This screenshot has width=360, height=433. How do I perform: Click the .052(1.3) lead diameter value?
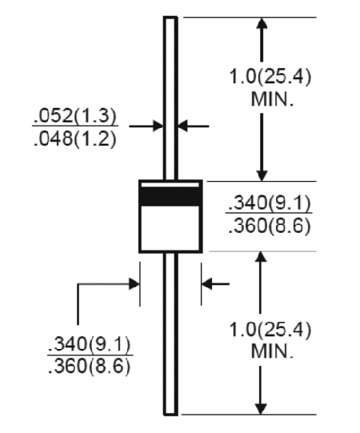coord(75,116)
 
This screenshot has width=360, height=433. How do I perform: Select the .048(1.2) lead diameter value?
coord(75,138)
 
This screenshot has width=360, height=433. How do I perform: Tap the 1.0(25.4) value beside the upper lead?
coord(270,76)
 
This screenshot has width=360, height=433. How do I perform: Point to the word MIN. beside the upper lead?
coord(272,99)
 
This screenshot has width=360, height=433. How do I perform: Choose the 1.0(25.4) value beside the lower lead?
coord(270,330)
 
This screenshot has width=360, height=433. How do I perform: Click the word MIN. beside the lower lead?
coord(272,351)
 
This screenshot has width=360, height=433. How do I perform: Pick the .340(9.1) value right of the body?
coord(269,203)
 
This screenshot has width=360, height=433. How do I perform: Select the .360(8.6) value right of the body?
coord(269,226)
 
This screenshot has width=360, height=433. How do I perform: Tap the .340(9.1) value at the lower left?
coord(89,344)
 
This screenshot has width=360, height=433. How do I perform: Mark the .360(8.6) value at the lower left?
coord(89,367)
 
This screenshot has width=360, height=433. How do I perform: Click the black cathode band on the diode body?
coord(170,196)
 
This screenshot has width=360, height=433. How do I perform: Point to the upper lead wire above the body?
coord(170,98)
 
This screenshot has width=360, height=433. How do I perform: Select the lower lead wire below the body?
coord(170,334)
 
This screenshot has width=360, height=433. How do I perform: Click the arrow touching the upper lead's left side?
coord(146,126)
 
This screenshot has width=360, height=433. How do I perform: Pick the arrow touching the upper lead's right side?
coord(194,126)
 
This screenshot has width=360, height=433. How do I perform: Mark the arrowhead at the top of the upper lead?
coord(262,22)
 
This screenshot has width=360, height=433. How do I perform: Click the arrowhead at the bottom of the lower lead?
coord(260,409)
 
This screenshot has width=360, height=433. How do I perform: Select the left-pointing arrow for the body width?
coord(215,283)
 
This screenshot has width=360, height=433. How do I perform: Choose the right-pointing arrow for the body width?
coord(109,283)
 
